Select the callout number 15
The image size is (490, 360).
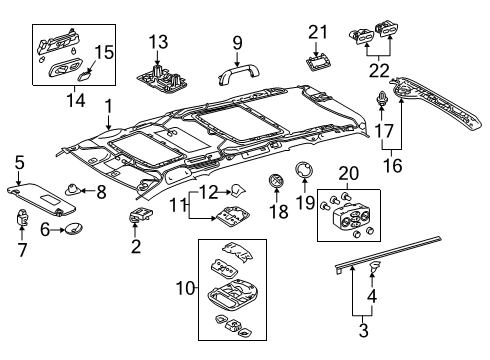point(104,51)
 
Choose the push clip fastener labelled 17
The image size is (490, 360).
point(384,100)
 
